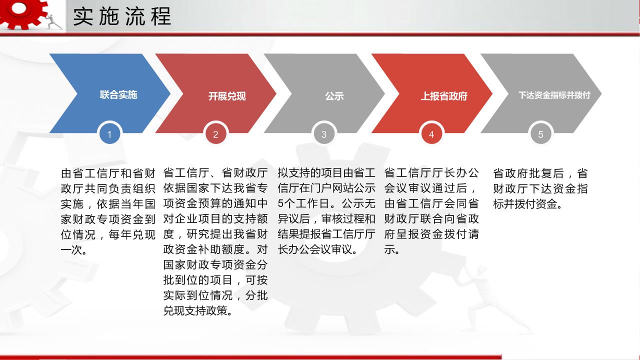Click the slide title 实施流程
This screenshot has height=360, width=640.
(122, 16)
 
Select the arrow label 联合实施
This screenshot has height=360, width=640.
(118, 95)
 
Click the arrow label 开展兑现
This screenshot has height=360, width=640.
(227, 96)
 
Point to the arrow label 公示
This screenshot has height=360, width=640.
(334, 96)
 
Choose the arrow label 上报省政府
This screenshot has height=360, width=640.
(444, 96)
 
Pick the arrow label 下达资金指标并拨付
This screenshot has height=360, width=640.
(554, 95)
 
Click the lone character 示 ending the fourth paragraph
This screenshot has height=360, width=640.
(389, 250)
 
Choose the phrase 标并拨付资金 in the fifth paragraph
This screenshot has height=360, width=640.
(525, 204)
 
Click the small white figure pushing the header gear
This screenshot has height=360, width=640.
(53, 21)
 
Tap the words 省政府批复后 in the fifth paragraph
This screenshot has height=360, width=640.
(528, 173)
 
